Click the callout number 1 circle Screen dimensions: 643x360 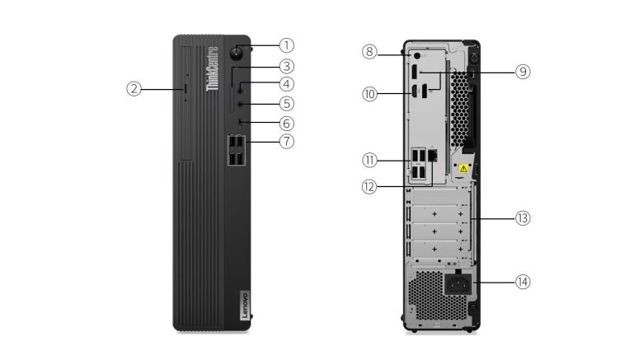[287, 45]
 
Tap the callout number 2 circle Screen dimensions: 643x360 [134, 89]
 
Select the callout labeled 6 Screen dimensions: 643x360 [287, 123]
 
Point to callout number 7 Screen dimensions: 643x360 [287, 142]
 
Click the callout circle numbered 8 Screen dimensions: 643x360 [369, 52]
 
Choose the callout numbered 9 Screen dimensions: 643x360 [523, 72]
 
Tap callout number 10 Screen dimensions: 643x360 [369, 94]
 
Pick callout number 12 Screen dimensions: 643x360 [369, 187]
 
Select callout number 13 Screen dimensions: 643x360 [523, 218]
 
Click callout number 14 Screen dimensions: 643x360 [523, 282]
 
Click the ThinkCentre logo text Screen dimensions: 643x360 [212, 68]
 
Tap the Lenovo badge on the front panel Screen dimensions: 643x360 [244, 305]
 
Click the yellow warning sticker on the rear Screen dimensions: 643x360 [463, 169]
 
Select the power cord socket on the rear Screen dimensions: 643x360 [458, 283]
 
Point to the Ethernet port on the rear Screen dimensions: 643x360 [433, 155]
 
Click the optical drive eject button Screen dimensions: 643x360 [185, 88]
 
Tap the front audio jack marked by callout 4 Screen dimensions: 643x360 [241, 87]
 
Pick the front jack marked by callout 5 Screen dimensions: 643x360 [241, 105]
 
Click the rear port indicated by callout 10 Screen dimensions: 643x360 [414, 91]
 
